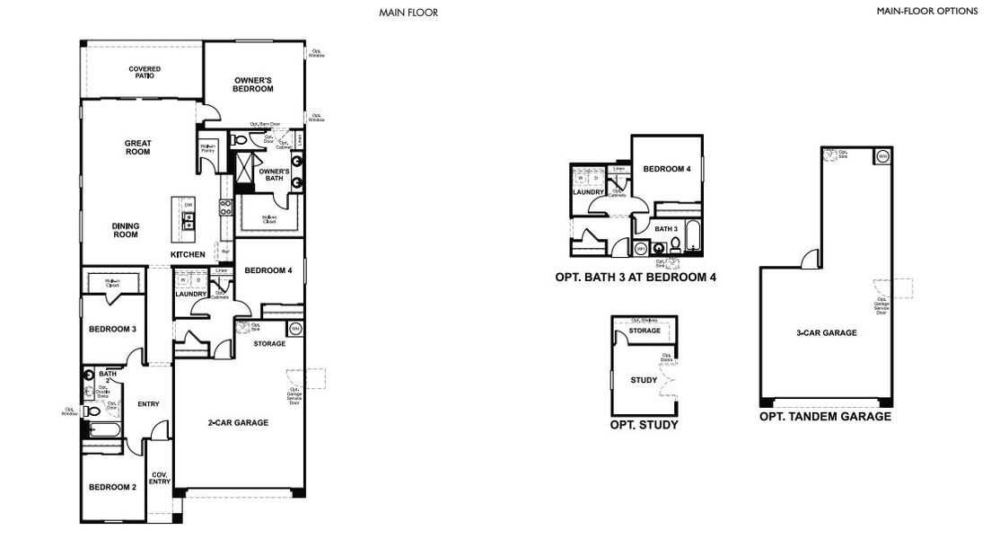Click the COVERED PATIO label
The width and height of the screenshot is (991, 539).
tap(144, 72)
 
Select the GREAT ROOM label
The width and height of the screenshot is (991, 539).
tap(138, 147)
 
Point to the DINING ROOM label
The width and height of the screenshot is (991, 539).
tap(125, 230)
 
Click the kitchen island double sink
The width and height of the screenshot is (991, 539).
tap(189, 220)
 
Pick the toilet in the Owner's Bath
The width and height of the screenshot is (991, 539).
tap(240, 139)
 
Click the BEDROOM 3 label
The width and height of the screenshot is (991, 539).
tap(112, 329)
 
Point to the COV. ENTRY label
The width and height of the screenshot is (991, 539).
tap(159, 478)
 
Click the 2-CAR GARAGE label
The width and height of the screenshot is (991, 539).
tap(237, 422)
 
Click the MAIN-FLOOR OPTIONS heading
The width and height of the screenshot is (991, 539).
tap(926, 12)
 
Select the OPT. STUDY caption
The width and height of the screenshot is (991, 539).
tap(644, 425)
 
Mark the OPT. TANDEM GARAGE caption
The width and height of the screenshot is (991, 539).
tap(825, 417)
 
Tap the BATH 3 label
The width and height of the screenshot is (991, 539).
tap(665, 229)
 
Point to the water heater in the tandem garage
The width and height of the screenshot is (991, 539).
tap(881, 156)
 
